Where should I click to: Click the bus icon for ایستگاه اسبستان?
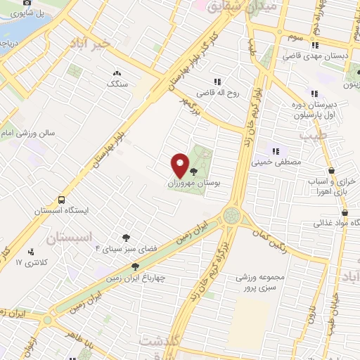pos(62,200)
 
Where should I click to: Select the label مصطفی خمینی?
pos(281,162)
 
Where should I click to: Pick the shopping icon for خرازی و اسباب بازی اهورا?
pos(331,170)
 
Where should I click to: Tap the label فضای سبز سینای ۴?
pos(126,249)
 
